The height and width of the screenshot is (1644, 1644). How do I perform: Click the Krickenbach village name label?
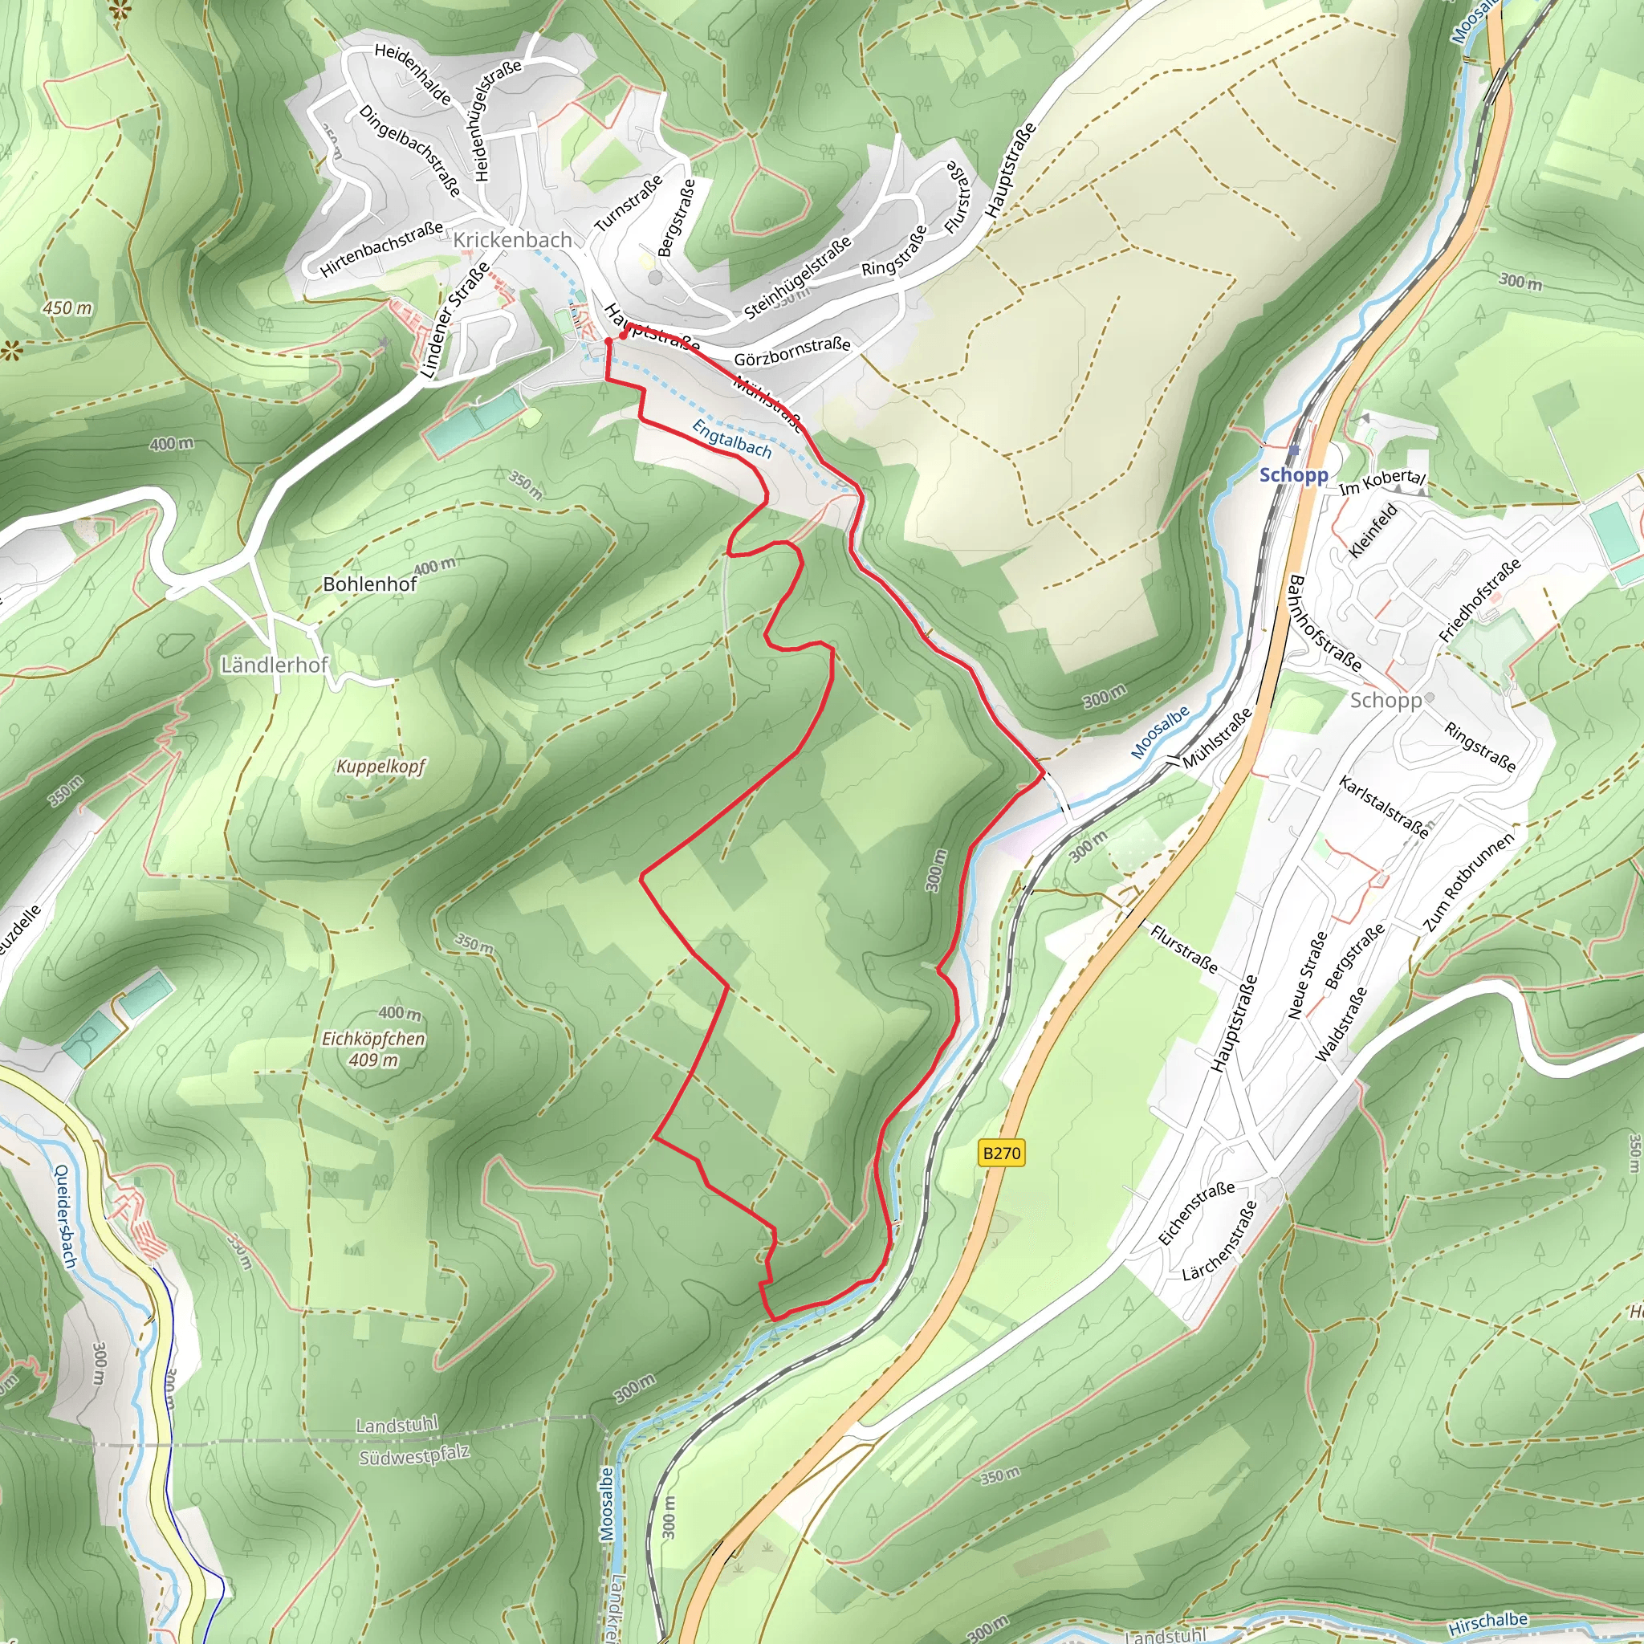point(511,240)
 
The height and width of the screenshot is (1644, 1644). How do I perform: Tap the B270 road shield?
point(1001,1153)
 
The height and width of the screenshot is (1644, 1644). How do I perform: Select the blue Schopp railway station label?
point(1293,475)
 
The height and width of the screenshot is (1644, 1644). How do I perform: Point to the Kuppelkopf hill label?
point(380,767)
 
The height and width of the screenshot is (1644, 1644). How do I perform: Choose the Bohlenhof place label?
point(370,584)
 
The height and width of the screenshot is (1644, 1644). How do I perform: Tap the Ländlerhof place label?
point(274,665)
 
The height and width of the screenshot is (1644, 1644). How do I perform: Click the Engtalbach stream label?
point(732,439)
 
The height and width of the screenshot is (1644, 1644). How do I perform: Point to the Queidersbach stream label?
point(66,1216)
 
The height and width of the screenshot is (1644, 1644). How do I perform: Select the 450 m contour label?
point(67,308)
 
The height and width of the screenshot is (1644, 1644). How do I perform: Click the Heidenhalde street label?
point(413,75)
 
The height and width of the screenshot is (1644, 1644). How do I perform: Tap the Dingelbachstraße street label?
point(409,151)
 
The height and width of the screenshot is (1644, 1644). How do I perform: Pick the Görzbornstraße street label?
point(792,350)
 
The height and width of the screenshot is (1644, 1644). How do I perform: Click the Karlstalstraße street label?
point(1384,807)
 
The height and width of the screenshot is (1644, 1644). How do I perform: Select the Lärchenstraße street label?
point(1219,1242)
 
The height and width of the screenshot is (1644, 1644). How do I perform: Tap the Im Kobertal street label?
point(1382,482)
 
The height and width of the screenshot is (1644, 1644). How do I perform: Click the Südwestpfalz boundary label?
point(413,1456)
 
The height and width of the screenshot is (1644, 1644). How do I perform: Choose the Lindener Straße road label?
point(455,320)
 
